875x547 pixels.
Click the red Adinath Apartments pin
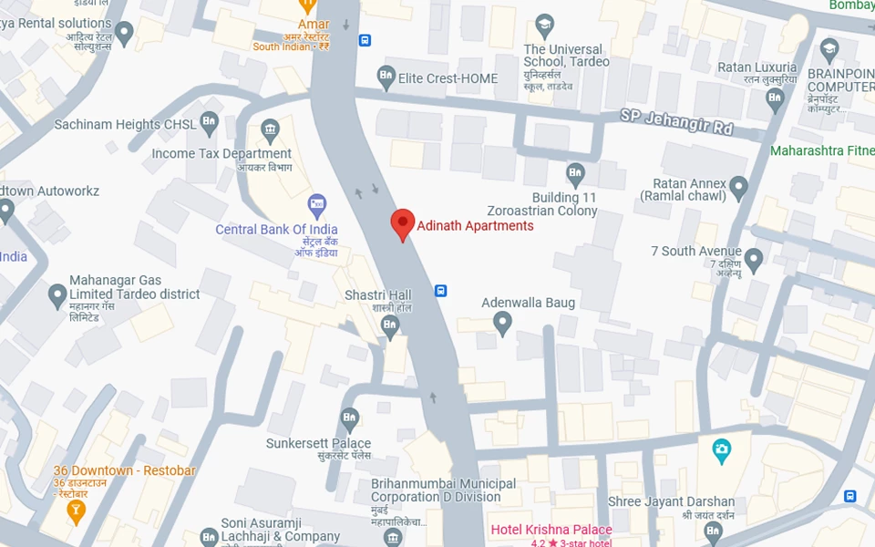403,223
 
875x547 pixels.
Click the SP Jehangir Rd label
676,121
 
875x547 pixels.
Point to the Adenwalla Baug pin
502,322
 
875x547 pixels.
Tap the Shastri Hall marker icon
390,325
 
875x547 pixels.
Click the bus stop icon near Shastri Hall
441,291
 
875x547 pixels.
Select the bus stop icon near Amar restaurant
365,40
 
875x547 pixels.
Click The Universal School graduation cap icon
545,24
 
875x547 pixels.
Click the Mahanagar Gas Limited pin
57,294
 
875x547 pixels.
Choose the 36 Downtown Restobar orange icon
77,509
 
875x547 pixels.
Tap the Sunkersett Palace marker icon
349,419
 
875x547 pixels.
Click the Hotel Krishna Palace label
551,530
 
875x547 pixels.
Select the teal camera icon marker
721,449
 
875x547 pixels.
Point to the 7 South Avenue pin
753,258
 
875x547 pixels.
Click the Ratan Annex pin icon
738,187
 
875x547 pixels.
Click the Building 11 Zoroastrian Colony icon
575,172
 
